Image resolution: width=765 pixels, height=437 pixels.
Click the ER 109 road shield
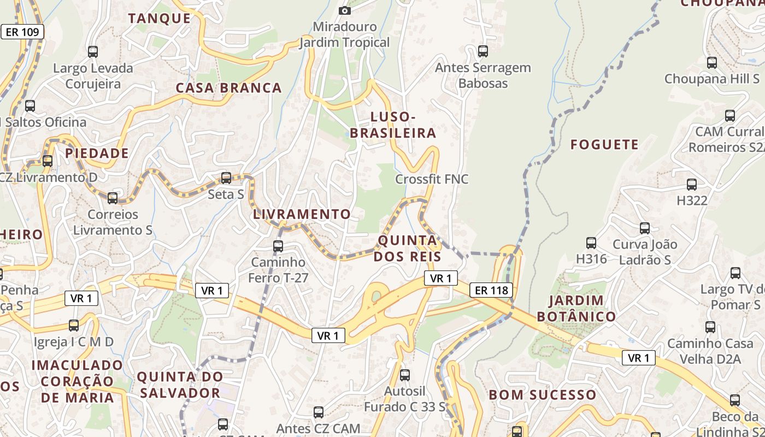click(22, 32)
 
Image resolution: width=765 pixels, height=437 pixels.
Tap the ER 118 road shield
click(492, 291)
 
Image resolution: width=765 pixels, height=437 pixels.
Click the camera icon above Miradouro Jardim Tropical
click(344, 10)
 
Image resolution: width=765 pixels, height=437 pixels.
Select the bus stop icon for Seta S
click(226, 178)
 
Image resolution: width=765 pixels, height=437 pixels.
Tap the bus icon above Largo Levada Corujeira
click(93, 52)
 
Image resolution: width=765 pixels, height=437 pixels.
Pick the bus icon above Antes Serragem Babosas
click(483, 51)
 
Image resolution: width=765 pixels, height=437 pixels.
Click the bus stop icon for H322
click(692, 185)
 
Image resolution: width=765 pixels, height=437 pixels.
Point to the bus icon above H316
click(591, 243)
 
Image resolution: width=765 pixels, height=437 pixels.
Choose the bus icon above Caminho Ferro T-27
click(278, 246)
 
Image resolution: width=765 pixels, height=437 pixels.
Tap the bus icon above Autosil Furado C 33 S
click(405, 375)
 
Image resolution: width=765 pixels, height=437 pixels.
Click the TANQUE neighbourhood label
click(160, 18)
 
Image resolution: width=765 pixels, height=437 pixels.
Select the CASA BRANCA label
click(229, 87)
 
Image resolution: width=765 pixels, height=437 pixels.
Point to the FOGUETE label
click(604, 144)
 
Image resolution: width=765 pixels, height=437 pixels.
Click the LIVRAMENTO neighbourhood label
click(302, 214)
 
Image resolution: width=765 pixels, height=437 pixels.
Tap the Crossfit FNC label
click(432, 179)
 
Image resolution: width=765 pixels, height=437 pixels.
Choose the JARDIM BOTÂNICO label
click(576, 308)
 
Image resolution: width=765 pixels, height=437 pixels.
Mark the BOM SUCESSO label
click(543, 394)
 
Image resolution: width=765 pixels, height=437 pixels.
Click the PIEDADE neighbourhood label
click(97, 153)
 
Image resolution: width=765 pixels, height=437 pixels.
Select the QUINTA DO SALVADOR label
click(180, 385)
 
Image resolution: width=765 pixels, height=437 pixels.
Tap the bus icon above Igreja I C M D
click(74, 326)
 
